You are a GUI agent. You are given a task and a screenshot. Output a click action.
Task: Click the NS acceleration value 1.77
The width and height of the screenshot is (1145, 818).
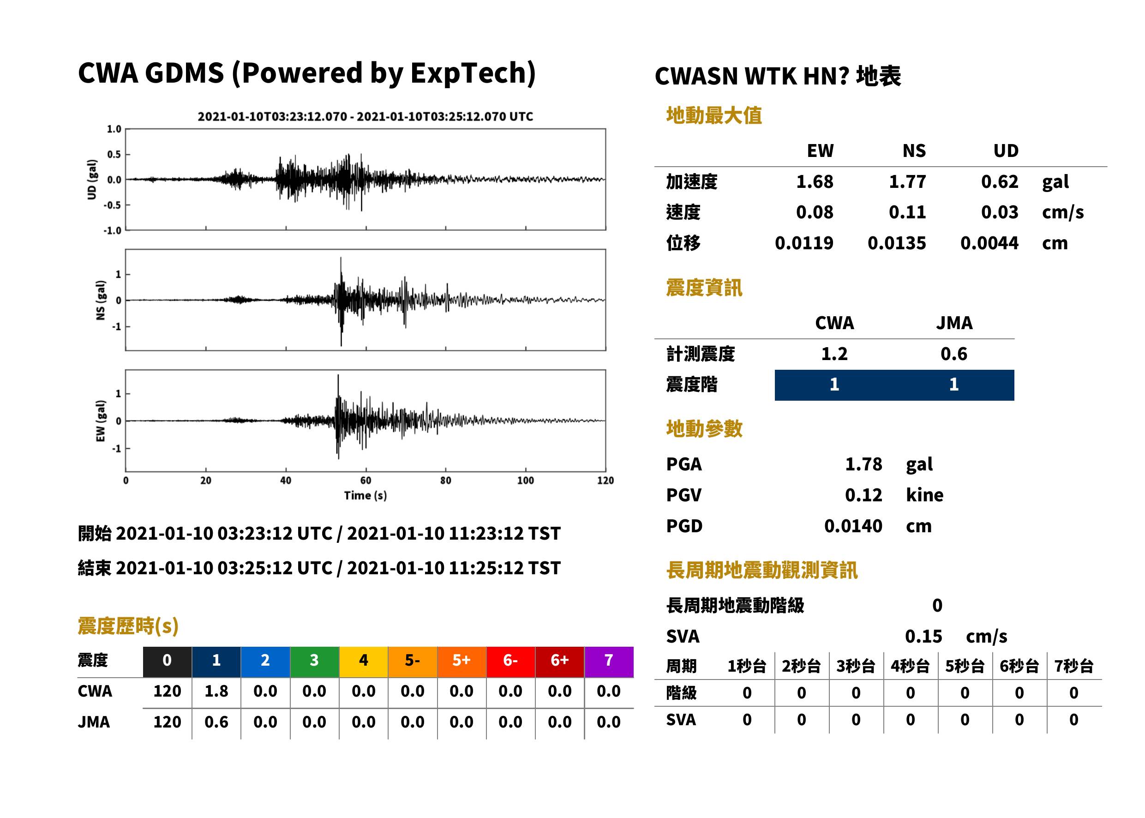(907, 182)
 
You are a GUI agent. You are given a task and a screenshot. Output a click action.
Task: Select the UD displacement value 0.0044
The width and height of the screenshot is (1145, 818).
(989, 243)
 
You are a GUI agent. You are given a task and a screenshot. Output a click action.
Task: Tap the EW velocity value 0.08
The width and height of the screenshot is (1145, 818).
(815, 212)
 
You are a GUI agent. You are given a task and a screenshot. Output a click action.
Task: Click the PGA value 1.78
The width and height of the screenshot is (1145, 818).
(863, 464)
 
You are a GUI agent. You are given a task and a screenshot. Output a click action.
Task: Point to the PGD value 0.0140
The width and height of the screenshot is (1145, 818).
(853, 526)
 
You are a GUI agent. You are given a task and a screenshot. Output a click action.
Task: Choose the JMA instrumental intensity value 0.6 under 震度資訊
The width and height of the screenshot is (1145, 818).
(953, 354)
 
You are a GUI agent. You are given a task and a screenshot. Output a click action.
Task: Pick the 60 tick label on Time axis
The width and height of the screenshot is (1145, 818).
(366, 481)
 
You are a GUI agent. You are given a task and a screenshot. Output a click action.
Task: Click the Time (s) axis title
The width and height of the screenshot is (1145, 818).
(366, 496)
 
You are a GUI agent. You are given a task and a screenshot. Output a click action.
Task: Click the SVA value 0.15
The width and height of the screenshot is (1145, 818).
(923, 637)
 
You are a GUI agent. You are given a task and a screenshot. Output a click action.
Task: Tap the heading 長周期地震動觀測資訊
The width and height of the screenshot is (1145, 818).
(762, 570)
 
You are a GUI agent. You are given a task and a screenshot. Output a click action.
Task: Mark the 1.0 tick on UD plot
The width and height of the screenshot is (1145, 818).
(114, 129)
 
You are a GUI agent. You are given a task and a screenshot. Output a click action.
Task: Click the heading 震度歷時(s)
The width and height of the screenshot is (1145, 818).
(128, 626)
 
